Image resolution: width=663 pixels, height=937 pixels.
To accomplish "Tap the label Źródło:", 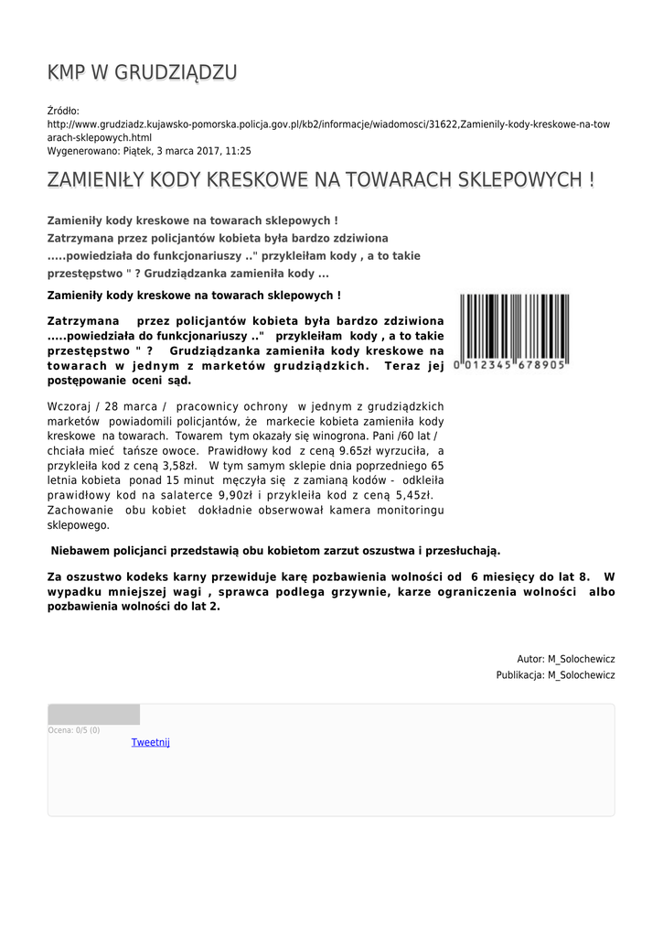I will pyautogui.click(x=63, y=111).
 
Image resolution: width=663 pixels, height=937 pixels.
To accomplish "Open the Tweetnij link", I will pyautogui.click(x=150, y=742).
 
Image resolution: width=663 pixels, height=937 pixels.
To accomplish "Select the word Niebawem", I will pyautogui.click(x=84, y=551).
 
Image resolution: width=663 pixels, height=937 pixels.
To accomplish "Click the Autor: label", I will pyautogui.click(x=530, y=659).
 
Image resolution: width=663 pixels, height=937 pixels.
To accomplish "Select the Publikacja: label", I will pyautogui.click(x=520, y=675).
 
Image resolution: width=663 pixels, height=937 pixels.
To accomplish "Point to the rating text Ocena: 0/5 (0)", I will pyautogui.click(x=74, y=730).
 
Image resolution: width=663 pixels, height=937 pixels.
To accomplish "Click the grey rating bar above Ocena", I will pyautogui.click(x=93, y=715).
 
